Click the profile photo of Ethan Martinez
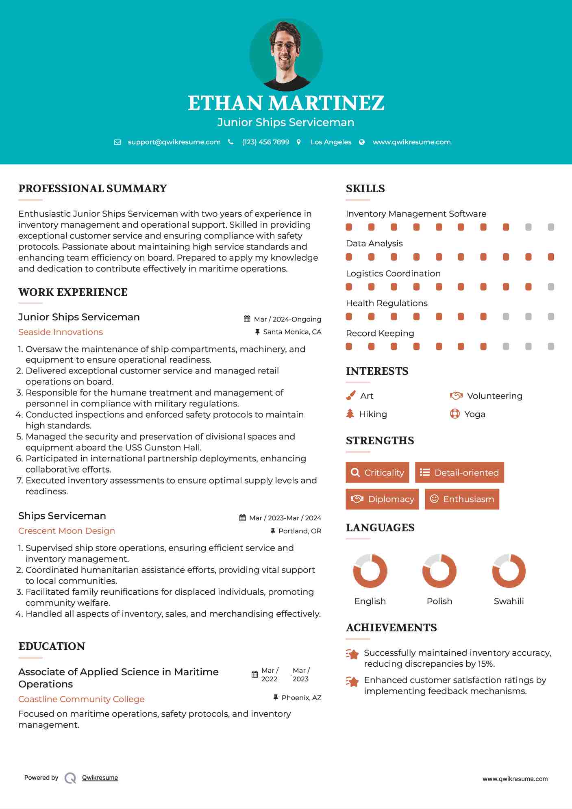(x=286, y=55)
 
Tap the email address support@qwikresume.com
(x=174, y=142)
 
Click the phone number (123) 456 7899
(x=265, y=142)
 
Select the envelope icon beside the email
(x=117, y=142)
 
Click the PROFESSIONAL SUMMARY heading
(x=93, y=189)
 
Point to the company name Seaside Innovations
(x=61, y=332)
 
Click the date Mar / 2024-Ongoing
(x=287, y=319)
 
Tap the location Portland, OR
(x=300, y=531)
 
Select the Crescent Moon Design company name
(x=67, y=531)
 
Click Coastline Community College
(x=81, y=699)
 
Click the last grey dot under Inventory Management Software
(x=551, y=227)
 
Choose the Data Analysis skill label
(x=374, y=244)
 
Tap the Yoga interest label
(x=474, y=414)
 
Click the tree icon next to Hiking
(x=350, y=414)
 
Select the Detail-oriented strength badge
(x=459, y=472)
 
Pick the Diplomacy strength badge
(x=382, y=499)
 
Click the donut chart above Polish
(x=439, y=571)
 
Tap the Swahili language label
(x=509, y=601)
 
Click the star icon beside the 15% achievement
(x=352, y=654)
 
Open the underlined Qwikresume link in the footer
(x=100, y=778)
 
